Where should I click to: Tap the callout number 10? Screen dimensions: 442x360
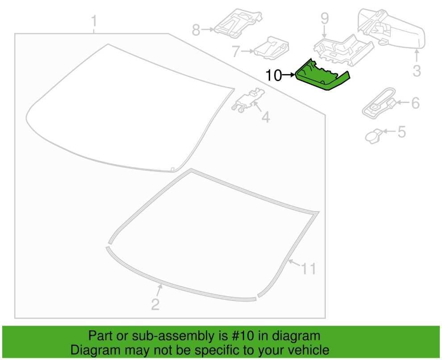[x=273, y=75]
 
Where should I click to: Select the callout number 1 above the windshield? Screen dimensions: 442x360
[x=94, y=21]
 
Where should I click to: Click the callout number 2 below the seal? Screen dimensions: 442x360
[x=155, y=305]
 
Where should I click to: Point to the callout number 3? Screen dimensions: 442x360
[x=417, y=70]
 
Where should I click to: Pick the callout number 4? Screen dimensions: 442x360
[x=266, y=116]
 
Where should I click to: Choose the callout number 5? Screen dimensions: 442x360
[x=401, y=132]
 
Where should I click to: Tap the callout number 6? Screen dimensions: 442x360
[x=416, y=103]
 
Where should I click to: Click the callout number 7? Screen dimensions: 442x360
[x=236, y=52]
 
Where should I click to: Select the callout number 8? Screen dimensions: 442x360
[x=196, y=29]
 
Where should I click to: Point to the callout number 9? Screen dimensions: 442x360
[x=325, y=19]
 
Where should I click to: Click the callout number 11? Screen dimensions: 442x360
[x=309, y=269]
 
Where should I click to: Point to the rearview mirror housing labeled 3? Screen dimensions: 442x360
[x=392, y=27]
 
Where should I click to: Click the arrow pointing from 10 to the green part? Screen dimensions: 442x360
[x=288, y=75]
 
